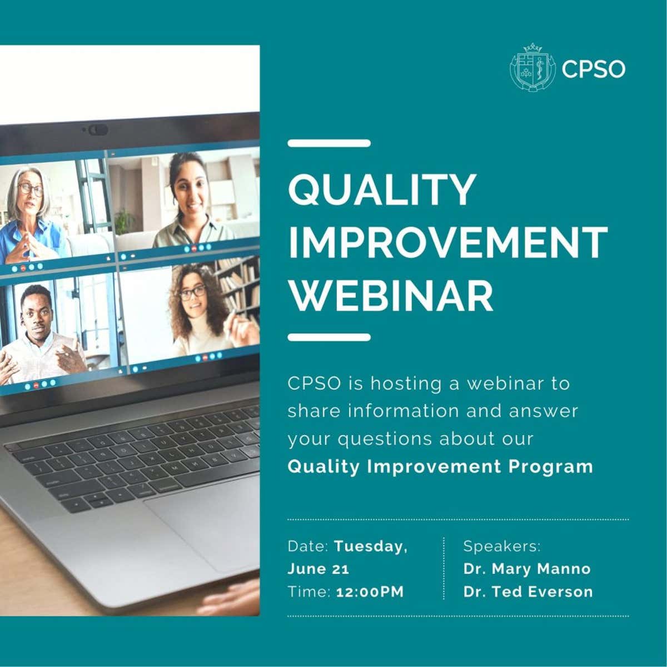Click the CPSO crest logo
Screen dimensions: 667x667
coord(532,68)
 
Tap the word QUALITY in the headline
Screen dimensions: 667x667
coord(382,190)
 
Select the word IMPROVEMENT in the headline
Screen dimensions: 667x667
coord(448,242)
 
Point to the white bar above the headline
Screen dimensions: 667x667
coord(329,143)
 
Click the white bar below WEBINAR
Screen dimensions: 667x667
coord(329,337)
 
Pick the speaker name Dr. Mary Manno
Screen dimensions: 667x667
coord(527,569)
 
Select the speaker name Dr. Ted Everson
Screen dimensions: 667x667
coord(528,592)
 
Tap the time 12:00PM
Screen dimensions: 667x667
coord(370,592)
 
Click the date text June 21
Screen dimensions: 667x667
coord(318,569)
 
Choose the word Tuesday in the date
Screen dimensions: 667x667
coord(371,547)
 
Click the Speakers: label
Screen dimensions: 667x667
coord(501,547)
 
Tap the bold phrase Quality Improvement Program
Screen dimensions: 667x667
coord(440,466)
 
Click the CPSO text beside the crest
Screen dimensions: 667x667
coord(593,69)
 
